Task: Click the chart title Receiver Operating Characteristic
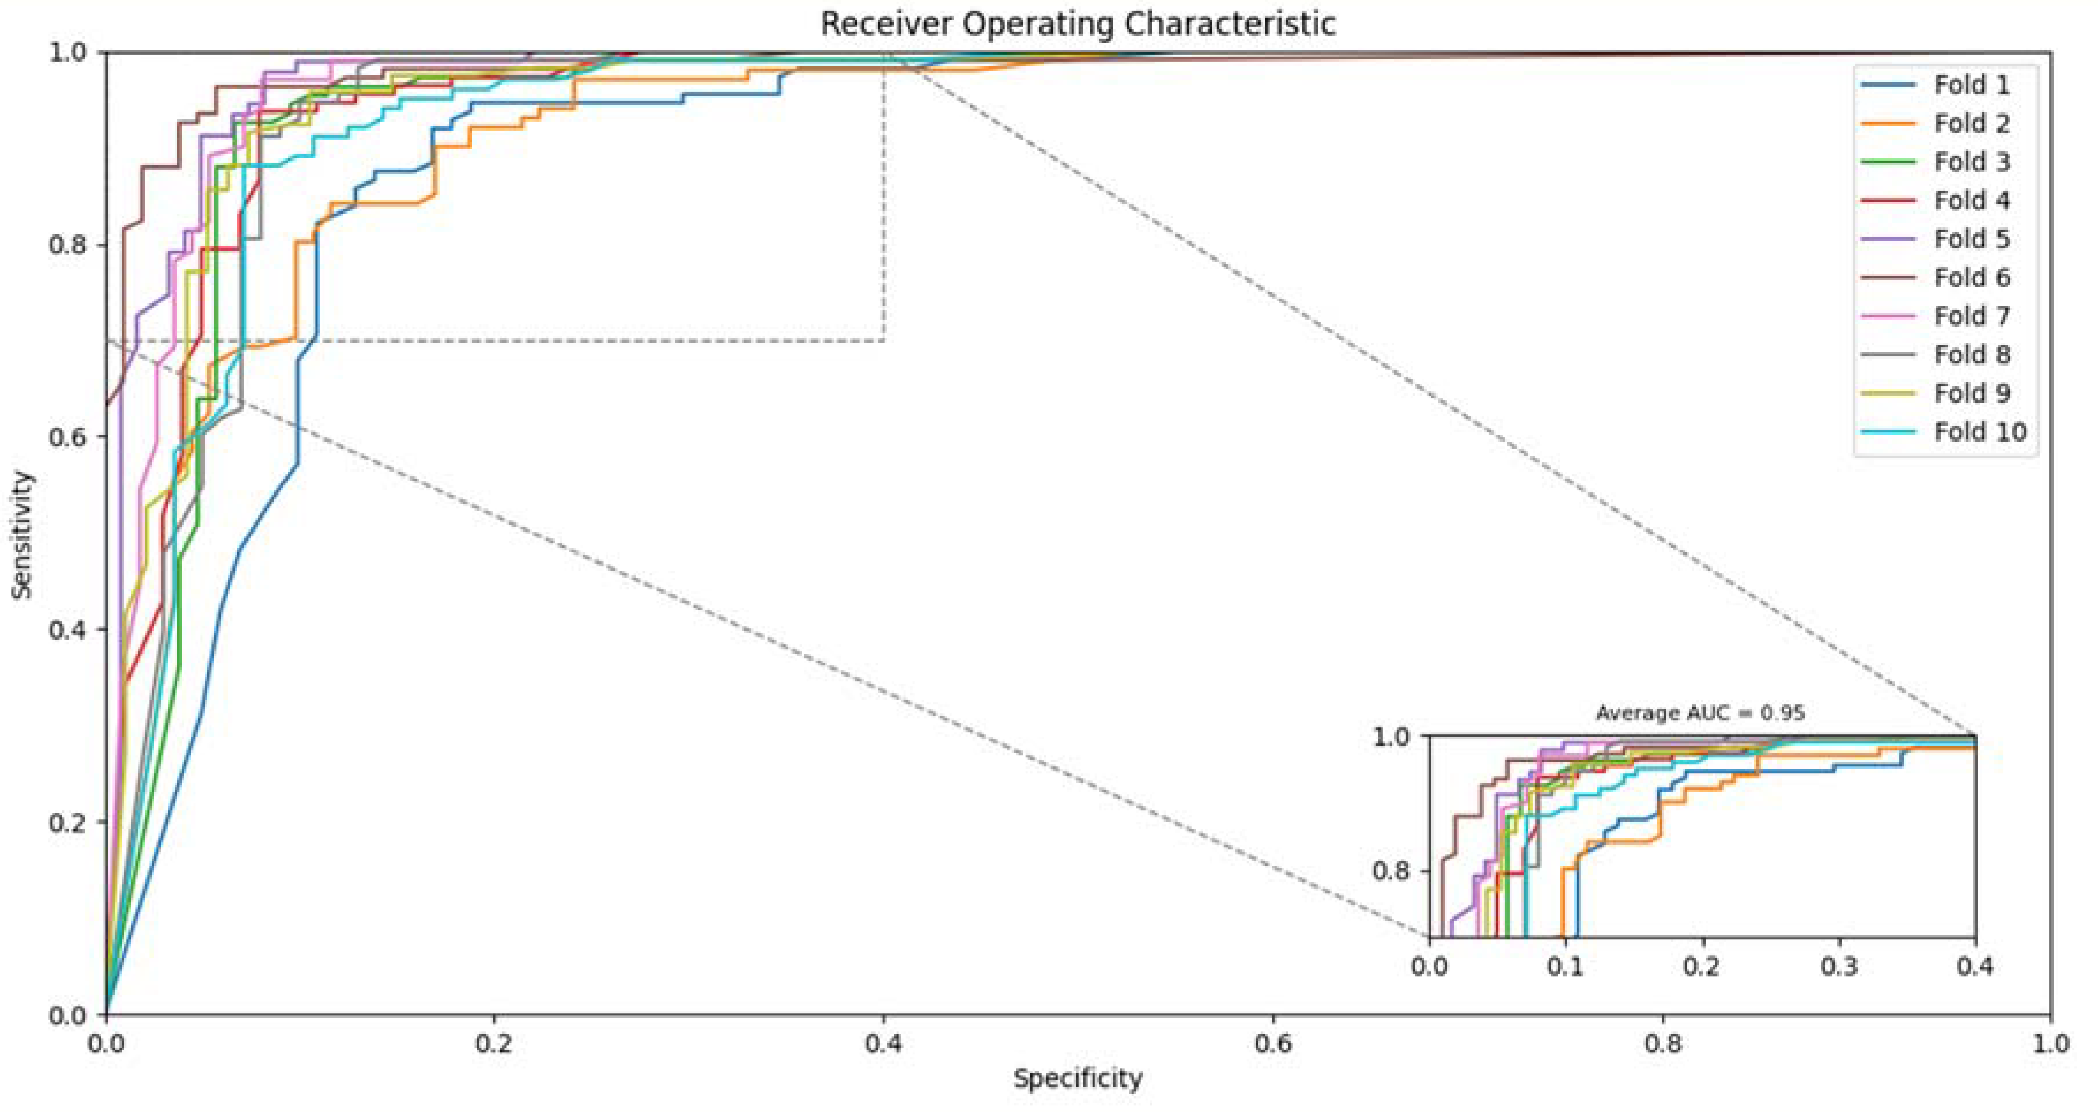point(1077,24)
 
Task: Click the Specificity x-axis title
point(1077,1079)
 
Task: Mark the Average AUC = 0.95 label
point(1700,713)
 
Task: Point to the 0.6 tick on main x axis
point(1273,1043)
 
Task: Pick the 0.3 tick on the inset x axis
point(1839,966)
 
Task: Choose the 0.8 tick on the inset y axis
point(1391,872)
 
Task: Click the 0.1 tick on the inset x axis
point(1566,966)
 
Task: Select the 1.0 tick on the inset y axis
point(1391,737)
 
